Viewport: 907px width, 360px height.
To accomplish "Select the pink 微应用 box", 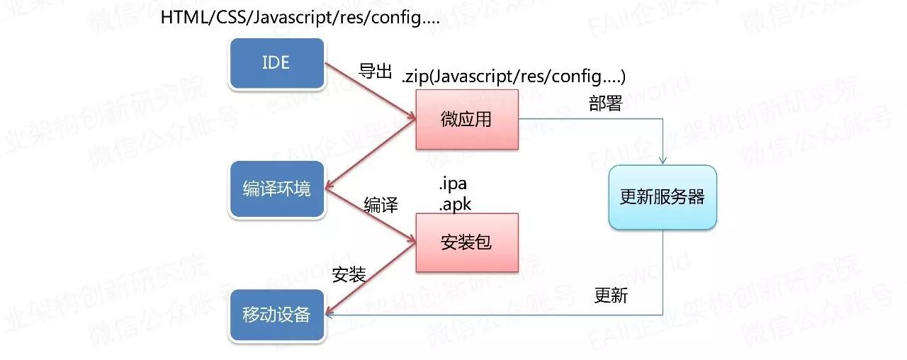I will tap(466, 119).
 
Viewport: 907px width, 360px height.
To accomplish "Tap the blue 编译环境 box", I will tap(276, 189).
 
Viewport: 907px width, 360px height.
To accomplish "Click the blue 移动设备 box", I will tap(276, 314).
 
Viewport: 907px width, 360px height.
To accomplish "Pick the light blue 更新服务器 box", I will tap(663, 198).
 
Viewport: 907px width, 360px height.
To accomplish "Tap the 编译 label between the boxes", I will tap(381, 206).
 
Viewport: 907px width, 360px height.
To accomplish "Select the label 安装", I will tap(349, 274).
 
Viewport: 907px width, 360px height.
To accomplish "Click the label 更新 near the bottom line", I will tap(611, 296).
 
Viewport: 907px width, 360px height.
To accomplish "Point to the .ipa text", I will tap(453, 186).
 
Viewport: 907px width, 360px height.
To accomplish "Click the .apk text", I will tap(455, 205).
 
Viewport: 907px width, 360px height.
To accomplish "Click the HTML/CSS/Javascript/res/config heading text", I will tap(300, 18).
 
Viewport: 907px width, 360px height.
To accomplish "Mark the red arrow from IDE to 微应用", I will tap(368, 91).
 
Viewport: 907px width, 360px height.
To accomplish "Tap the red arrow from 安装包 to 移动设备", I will tap(368, 279).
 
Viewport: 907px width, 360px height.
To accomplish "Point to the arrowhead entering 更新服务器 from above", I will tap(663, 160).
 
